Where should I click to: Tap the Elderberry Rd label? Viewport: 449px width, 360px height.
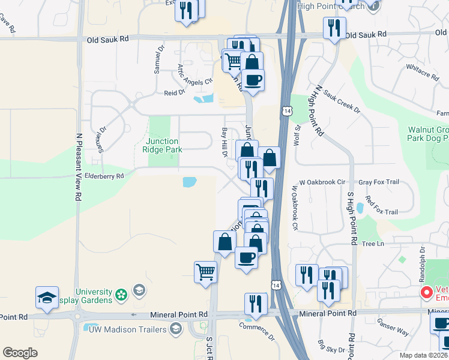(x=104, y=176)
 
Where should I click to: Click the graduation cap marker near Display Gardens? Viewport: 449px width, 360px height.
(x=47, y=298)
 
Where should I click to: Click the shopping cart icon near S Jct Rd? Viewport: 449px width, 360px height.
(x=205, y=272)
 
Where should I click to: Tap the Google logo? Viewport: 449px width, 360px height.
(x=20, y=353)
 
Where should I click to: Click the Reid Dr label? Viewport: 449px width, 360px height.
(x=174, y=93)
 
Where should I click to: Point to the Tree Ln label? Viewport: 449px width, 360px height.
(x=373, y=244)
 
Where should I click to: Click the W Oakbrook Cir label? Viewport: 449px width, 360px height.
(x=324, y=182)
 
